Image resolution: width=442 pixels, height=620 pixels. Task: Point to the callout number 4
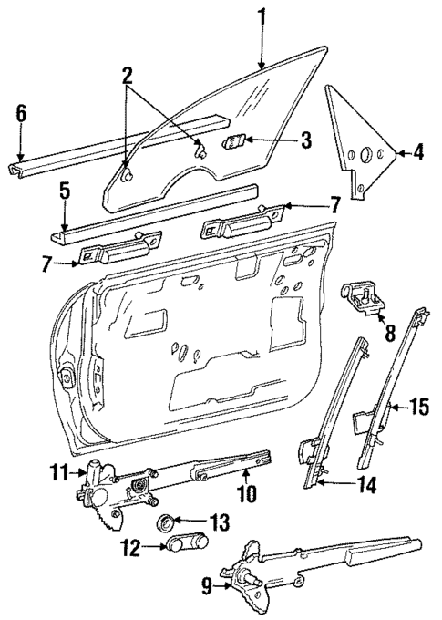point(417,152)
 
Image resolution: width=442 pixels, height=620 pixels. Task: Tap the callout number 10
point(247,495)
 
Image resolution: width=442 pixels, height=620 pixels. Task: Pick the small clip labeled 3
point(236,141)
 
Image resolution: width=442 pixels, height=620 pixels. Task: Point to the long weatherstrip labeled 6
point(118,141)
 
